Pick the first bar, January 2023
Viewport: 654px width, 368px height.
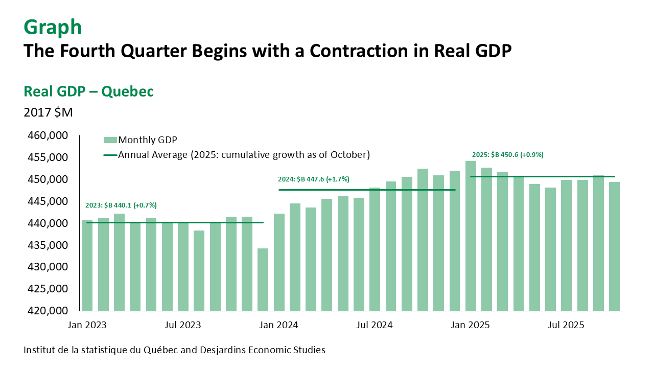point(87,265)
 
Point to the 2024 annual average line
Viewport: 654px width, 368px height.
point(366,190)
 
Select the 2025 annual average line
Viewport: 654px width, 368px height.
point(542,176)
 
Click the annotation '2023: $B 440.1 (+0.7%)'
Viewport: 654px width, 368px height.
point(121,205)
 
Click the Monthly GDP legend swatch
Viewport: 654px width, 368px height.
point(110,140)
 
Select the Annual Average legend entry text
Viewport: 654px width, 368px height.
point(244,154)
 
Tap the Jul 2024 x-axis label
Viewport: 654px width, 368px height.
point(375,325)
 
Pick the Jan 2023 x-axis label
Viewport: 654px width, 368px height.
point(86,325)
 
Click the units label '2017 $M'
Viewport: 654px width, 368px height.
point(49,112)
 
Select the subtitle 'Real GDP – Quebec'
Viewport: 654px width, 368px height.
point(89,91)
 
